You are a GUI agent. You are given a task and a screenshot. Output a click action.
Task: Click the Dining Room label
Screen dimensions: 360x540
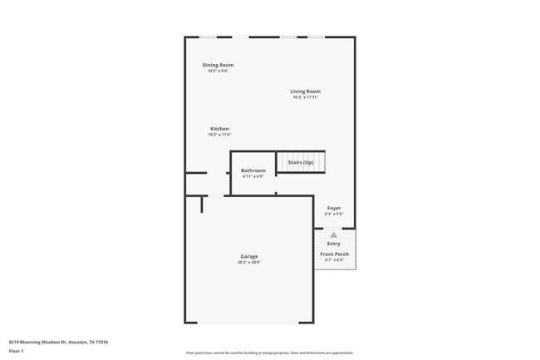pyautogui.click(x=218, y=65)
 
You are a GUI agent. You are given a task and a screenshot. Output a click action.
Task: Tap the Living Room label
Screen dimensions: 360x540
pyautogui.click(x=305, y=91)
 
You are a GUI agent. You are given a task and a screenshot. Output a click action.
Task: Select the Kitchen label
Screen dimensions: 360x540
pyautogui.click(x=219, y=129)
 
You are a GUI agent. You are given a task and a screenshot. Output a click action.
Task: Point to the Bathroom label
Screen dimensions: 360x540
pyautogui.click(x=253, y=170)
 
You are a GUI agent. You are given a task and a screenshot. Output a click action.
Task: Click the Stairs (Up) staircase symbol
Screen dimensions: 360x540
pyautogui.click(x=301, y=162)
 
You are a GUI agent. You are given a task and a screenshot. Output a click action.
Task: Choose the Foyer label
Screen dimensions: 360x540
pyautogui.click(x=334, y=208)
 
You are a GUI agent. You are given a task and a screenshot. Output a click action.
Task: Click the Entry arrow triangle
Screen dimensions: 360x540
pyautogui.click(x=334, y=235)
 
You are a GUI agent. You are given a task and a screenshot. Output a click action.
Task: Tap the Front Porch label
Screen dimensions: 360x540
pyautogui.click(x=334, y=254)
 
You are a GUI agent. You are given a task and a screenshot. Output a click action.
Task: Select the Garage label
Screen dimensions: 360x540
pyautogui.click(x=249, y=256)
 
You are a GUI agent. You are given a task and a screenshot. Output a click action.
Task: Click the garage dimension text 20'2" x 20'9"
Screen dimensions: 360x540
pyautogui.click(x=249, y=262)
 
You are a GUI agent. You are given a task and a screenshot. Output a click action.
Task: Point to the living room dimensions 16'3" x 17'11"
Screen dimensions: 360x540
pyautogui.click(x=305, y=97)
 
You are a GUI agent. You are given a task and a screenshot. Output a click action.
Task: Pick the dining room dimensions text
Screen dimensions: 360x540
pyautogui.click(x=218, y=71)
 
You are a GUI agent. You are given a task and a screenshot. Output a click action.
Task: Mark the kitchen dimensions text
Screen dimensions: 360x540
pyautogui.click(x=219, y=135)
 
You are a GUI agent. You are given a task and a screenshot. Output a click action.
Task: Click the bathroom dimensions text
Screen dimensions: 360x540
pyautogui.click(x=253, y=176)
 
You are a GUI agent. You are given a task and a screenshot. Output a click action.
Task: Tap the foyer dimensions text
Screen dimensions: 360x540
pyautogui.click(x=334, y=214)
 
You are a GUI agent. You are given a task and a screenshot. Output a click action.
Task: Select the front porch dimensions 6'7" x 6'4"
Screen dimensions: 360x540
pyautogui.click(x=334, y=259)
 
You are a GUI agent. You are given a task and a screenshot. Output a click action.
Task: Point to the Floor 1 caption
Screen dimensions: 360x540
pyautogui.click(x=17, y=351)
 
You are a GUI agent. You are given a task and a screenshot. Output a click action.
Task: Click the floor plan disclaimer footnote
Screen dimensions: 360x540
pyautogui.click(x=270, y=353)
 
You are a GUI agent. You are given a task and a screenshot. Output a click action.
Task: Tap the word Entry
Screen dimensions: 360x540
pyautogui.click(x=334, y=244)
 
